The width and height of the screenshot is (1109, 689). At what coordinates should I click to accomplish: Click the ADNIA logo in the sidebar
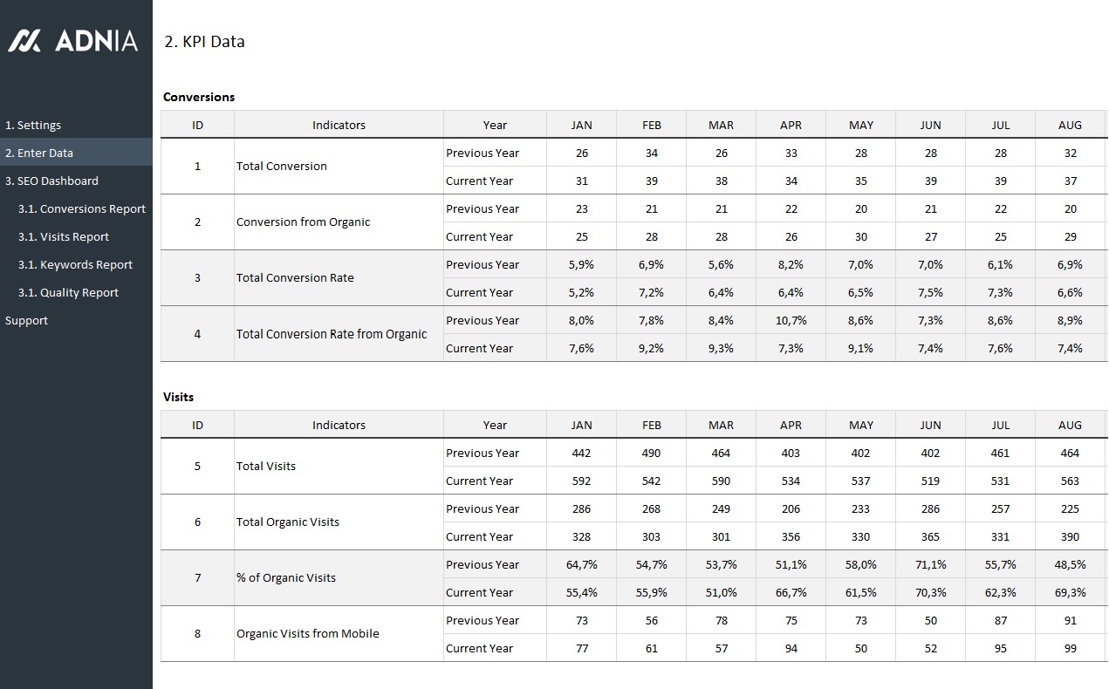tap(73, 41)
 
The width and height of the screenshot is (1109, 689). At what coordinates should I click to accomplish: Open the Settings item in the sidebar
tap(33, 125)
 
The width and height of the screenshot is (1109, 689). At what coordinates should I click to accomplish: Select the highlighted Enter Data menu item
tap(39, 153)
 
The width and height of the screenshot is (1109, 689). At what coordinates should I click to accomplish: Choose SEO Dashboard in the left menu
tap(51, 181)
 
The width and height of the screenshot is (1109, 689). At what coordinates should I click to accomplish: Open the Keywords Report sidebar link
tap(75, 264)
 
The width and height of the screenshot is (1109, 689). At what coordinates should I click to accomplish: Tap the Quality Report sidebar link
tap(68, 292)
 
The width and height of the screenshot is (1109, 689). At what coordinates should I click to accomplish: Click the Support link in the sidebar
tap(26, 320)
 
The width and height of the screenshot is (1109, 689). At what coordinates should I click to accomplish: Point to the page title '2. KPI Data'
tap(204, 41)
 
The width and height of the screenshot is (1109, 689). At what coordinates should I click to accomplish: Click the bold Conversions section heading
tap(199, 97)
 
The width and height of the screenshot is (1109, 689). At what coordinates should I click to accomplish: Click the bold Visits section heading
tap(178, 397)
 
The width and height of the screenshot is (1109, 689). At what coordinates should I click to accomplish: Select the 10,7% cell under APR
tap(791, 320)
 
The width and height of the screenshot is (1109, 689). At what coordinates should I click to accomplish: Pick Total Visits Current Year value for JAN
tap(581, 481)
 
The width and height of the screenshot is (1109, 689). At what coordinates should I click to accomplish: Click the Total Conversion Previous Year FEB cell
tap(651, 153)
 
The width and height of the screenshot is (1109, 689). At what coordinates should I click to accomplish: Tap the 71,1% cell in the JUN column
tap(930, 564)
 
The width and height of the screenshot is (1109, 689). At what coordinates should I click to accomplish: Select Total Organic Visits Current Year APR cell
tap(791, 536)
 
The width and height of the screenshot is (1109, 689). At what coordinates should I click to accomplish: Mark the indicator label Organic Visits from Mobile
tap(307, 634)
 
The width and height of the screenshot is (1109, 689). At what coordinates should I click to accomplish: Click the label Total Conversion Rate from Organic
tap(332, 334)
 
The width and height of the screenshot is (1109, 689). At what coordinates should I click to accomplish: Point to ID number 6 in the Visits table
tap(197, 522)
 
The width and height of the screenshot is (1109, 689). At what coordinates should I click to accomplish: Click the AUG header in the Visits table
tap(1070, 425)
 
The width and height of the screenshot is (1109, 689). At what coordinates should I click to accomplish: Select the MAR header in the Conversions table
tap(721, 125)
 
